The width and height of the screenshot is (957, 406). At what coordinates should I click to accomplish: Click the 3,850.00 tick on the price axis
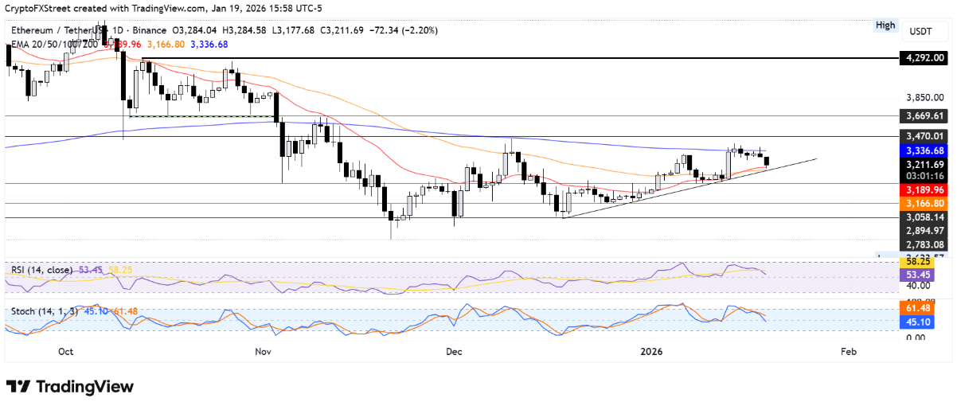(x=925, y=97)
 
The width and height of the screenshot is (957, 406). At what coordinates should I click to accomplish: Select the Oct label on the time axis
(x=66, y=351)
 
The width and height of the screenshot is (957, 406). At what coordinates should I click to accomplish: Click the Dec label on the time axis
(x=454, y=351)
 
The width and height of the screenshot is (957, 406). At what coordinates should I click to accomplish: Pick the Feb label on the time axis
(x=849, y=351)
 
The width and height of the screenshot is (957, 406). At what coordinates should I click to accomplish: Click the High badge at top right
(x=885, y=25)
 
